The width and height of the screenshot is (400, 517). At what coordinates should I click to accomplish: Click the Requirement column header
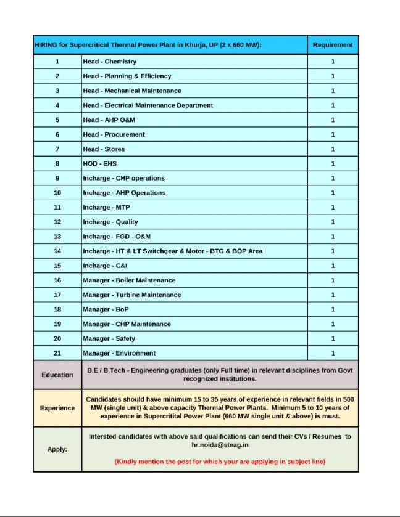(333, 45)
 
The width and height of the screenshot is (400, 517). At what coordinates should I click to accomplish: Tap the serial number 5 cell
(57, 120)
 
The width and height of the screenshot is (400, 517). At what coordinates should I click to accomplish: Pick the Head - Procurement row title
(114, 134)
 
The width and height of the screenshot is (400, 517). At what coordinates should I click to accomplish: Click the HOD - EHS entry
(100, 164)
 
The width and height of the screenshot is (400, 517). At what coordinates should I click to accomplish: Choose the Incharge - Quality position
(110, 222)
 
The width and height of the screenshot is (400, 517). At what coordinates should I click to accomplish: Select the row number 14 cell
(57, 251)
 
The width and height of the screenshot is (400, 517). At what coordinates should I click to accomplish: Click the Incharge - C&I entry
(105, 266)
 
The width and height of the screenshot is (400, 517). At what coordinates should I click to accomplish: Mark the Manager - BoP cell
(106, 309)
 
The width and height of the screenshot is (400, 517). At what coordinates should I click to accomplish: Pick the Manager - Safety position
(109, 338)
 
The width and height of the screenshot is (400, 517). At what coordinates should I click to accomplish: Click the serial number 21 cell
(57, 353)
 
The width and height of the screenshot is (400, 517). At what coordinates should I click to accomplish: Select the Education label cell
(57, 375)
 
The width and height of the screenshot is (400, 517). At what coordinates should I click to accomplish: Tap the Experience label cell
(57, 408)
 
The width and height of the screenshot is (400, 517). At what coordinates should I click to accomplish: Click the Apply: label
(57, 449)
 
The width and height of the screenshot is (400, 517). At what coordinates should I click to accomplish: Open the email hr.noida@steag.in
(220, 444)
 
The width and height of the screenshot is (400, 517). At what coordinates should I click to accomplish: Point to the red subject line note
(220, 462)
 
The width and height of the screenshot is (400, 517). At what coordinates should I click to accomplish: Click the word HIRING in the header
(47, 45)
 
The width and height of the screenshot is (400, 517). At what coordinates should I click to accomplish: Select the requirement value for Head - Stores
(333, 149)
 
